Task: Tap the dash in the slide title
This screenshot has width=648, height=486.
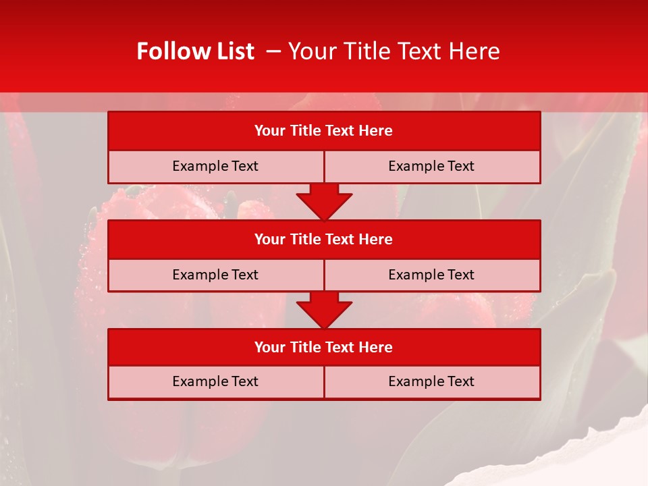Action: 273,51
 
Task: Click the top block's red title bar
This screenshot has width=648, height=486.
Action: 324,131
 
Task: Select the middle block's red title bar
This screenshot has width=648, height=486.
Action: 324,239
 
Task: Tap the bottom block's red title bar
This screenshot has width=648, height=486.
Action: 324,347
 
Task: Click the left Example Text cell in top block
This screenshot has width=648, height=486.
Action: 215,166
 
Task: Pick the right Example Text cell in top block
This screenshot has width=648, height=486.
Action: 432,166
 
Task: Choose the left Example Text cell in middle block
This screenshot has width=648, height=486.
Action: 215,275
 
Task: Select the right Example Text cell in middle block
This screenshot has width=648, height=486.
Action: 432,275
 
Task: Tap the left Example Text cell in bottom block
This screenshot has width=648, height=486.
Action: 215,381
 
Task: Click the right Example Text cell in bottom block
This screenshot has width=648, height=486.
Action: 432,381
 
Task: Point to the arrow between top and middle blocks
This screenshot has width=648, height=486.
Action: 324,201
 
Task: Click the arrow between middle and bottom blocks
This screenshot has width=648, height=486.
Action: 324,310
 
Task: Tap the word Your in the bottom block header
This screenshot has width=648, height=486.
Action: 270,347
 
